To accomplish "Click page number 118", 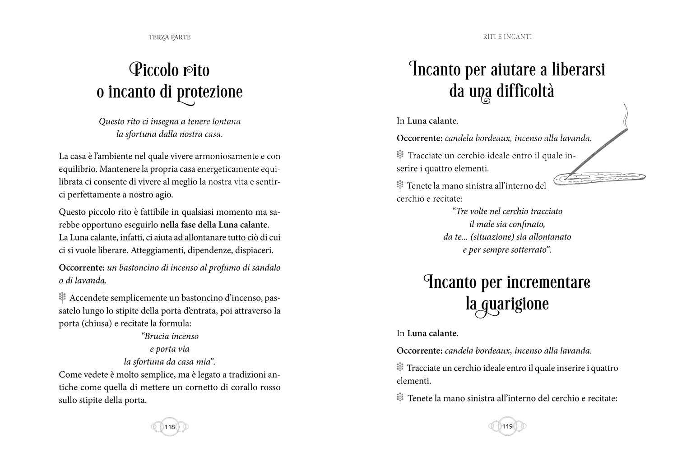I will [x=170, y=427].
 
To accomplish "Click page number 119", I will [x=507, y=426].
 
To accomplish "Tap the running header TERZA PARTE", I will [x=169, y=37].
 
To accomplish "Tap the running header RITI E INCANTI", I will [x=507, y=36].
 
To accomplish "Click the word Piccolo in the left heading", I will [x=149, y=70].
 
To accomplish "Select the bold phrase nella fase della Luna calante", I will [x=214, y=225].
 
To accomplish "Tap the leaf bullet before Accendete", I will [x=63, y=298].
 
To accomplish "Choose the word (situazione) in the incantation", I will [x=490, y=237].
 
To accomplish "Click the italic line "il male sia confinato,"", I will [x=507, y=224].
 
